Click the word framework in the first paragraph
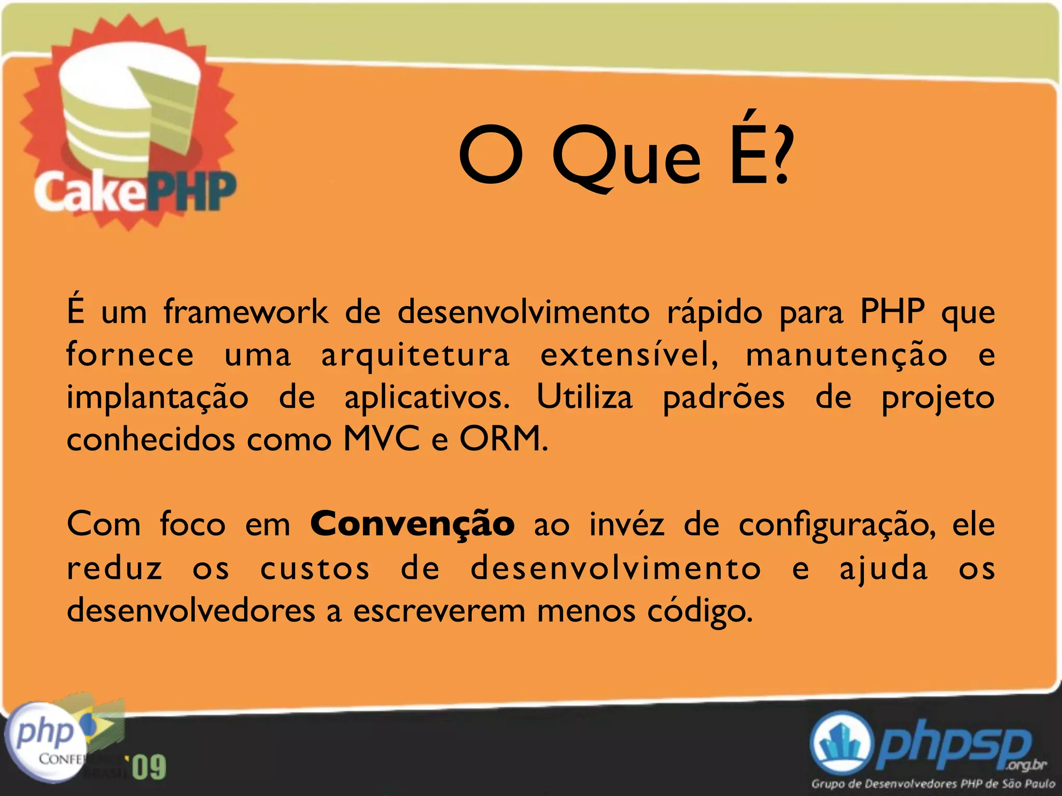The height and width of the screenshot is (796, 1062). point(246,312)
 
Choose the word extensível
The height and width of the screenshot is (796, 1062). point(629,355)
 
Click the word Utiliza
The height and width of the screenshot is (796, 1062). point(584,397)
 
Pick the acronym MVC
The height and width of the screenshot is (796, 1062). point(381,439)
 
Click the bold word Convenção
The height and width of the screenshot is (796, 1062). point(412,524)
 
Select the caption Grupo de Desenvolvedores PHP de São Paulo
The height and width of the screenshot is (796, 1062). point(933,784)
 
